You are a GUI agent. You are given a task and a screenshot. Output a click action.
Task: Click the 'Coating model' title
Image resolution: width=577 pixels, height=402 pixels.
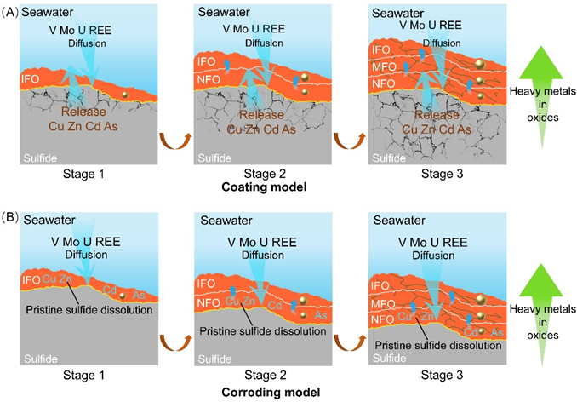(264, 187)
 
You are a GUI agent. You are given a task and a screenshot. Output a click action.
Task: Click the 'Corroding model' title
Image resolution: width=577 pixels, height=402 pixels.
(271, 393)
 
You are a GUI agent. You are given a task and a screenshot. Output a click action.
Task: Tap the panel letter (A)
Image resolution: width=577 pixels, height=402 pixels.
(9, 12)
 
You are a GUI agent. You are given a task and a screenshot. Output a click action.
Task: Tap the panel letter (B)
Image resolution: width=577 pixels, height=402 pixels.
(9, 217)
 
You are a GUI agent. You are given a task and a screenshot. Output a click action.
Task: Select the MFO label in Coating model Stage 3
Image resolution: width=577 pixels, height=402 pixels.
(384, 67)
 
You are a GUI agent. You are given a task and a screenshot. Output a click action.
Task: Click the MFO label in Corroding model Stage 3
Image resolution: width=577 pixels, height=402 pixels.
(383, 304)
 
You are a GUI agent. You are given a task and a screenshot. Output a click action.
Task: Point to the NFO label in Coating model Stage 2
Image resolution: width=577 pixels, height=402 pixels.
(209, 79)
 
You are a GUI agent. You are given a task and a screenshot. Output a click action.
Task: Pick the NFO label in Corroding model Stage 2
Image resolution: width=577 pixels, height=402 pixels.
(209, 303)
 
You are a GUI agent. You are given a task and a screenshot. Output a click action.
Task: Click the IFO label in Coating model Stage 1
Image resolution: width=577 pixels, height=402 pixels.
(30, 78)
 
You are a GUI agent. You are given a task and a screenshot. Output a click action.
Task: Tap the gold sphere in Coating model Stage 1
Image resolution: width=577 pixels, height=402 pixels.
(125, 95)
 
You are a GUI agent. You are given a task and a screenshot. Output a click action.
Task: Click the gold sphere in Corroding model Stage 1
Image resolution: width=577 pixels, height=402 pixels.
(123, 296)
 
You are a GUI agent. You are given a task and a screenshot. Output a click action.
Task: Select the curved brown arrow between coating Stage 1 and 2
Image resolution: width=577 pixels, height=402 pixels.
(175, 141)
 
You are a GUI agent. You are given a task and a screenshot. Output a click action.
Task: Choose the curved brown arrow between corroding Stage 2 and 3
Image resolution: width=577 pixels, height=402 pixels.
(350, 343)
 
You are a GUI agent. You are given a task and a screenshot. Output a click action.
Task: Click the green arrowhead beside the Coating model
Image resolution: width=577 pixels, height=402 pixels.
(541, 62)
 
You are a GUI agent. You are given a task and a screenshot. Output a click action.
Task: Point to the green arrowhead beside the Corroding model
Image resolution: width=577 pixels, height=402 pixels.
(541, 280)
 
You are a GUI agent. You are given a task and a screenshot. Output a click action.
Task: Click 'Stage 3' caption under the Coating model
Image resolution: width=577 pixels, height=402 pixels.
(442, 174)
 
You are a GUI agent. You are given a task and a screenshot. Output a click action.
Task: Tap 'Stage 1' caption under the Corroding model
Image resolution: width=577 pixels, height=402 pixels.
(84, 375)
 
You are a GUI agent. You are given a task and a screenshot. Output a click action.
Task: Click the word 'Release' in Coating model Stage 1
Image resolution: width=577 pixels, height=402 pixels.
(83, 112)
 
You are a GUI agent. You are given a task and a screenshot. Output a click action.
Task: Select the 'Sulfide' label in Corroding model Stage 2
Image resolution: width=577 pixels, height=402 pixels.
(214, 359)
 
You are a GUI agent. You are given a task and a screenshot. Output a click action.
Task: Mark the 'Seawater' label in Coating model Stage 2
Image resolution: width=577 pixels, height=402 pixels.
(224, 12)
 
